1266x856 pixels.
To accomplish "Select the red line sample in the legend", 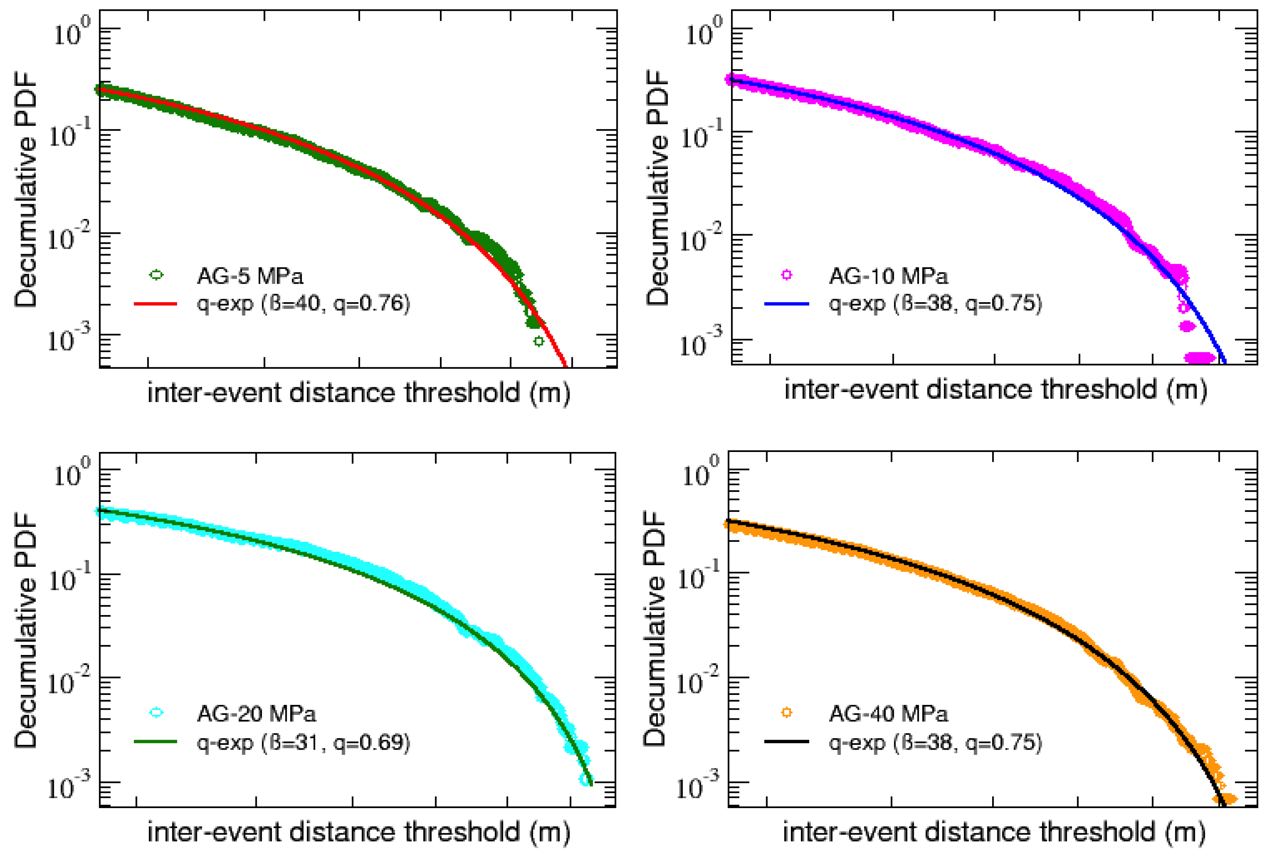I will tap(156, 304).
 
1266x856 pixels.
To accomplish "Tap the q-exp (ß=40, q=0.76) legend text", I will tap(303, 304).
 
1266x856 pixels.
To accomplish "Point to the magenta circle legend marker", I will tap(786, 275).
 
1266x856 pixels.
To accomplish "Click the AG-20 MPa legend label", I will tap(256, 713).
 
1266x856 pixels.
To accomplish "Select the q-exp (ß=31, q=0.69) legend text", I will tap(303, 742).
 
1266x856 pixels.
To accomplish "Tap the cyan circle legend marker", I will tap(157, 713).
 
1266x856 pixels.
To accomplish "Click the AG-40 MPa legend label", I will tap(888, 713).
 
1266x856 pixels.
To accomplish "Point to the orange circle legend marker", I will tap(786, 713).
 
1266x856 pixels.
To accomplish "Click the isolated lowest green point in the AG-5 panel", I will tap(538, 342).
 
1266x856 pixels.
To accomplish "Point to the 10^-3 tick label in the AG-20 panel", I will tap(69, 785).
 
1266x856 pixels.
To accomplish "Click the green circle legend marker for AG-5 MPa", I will tap(157, 275).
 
